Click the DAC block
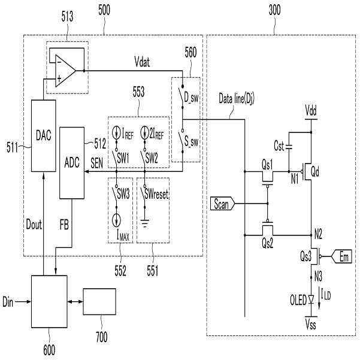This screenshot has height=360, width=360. (x=43, y=136)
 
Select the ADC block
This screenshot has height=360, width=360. (x=72, y=163)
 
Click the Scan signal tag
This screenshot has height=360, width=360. (x=222, y=204)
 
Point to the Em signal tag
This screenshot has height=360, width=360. (x=341, y=256)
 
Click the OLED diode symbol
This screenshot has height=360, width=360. (x=311, y=300)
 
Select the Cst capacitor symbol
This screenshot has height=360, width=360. (x=289, y=147)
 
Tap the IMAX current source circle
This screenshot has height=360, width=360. (x=116, y=220)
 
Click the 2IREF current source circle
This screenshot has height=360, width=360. (x=144, y=133)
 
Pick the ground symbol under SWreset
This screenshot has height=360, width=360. (x=144, y=223)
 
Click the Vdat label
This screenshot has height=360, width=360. (x=142, y=62)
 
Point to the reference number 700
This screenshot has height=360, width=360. (x=102, y=337)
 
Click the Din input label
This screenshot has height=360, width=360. (x=8, y=302)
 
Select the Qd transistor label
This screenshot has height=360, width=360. (x=314, y=171)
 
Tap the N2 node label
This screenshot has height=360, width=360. (x=318, y=234)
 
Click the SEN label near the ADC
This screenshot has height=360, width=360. (x=96, y=163)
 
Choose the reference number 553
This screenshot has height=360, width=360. (x=139, y=92)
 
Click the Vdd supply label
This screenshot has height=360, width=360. (x=311, y=111)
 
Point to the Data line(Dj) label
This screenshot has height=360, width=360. (x=237, y=98)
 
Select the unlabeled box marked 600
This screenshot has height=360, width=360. (x=49, y=301)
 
